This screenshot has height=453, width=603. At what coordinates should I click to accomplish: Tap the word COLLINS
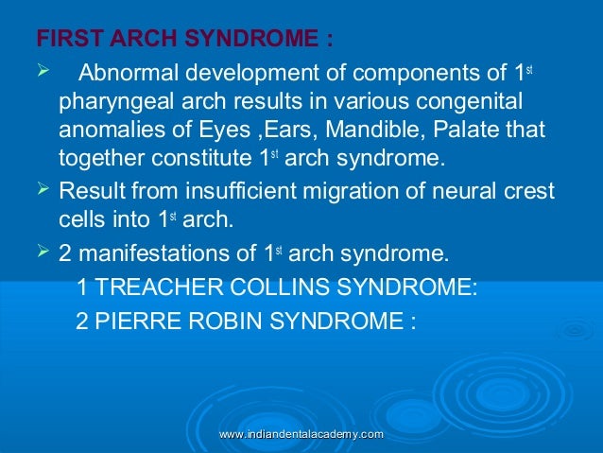click(280, 287)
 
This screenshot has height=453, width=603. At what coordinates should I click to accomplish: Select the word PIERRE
click(130, 320)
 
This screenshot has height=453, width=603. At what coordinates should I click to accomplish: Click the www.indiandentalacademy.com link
click(301, 433)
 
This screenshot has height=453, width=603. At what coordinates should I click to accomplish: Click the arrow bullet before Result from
click(43, 189)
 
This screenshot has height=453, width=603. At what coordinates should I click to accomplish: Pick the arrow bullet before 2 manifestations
click(43, 252)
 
